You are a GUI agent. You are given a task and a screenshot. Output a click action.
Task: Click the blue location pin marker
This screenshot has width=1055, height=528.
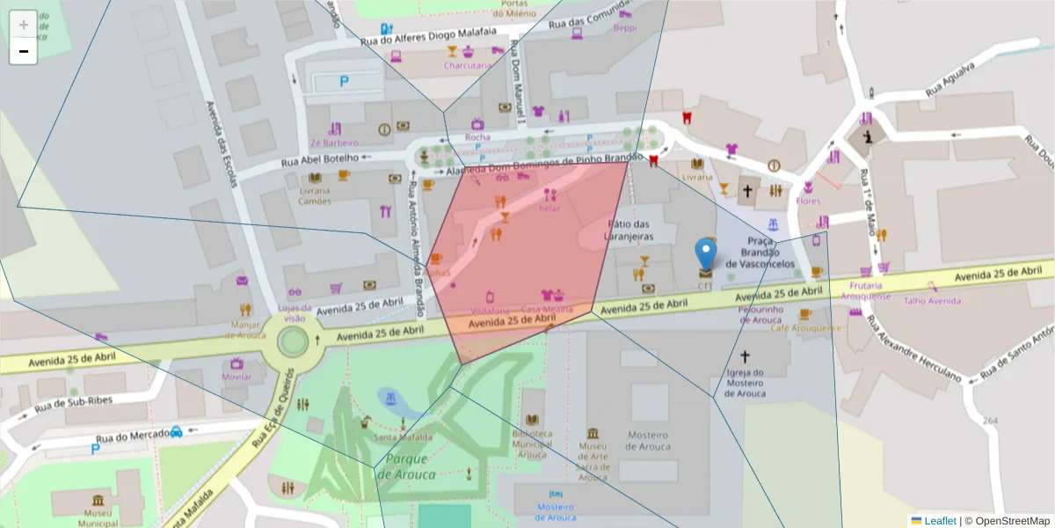pos(705,254)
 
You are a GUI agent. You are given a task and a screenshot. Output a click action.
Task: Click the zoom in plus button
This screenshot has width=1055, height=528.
pos(24,25)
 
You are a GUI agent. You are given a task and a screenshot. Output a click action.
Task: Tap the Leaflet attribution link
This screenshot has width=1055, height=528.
pos(940,521)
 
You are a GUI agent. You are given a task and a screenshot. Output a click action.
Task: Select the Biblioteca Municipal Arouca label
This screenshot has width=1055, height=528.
pos(533,444)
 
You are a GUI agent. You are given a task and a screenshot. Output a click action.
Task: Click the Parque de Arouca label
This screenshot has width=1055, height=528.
pos(406,466)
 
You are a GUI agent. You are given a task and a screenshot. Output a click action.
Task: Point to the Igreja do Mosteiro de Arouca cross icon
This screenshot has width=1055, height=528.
pos(746,356)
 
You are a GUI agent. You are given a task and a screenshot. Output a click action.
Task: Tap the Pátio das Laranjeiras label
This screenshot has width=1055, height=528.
pos(629,230)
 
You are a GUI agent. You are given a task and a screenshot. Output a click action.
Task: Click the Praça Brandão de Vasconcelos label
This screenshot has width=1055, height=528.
pos(760,253)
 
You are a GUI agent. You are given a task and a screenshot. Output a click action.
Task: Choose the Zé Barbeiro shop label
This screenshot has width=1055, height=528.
pos(334,143)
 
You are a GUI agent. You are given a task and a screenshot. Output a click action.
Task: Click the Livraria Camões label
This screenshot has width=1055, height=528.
pos(314,195)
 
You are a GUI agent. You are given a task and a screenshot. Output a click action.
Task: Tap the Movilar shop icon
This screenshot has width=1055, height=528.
pos(236,363)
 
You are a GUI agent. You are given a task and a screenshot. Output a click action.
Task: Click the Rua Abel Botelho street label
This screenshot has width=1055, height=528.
pos(320,159)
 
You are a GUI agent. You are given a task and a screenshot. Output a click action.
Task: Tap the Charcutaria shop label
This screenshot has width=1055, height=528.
pos(467,65)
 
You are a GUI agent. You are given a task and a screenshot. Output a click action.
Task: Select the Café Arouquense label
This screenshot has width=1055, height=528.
pos(805,327)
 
